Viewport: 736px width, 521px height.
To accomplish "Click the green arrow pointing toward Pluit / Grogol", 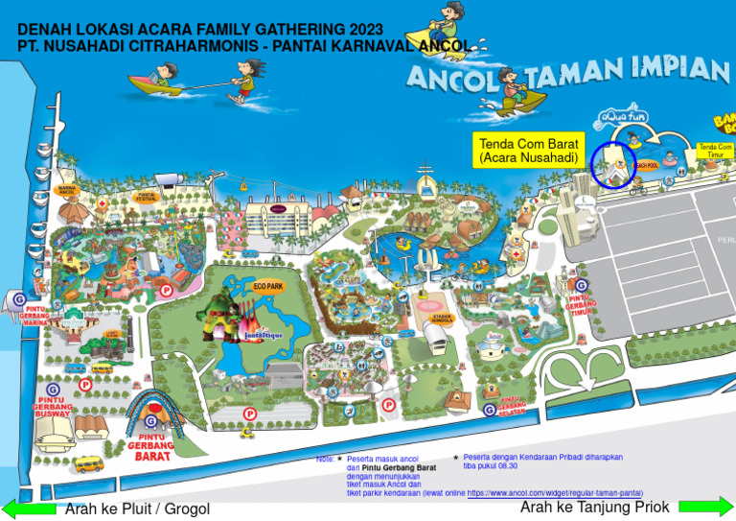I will pyautogui.click(x=29, y=509).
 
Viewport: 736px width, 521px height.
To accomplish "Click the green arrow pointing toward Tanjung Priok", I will pyautogui.click(x=705, y=507).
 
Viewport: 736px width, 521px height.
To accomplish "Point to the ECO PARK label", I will pyautogui.click(x=268, y=286).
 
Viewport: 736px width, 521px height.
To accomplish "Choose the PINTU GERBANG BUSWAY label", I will pyautogui.click(x=53, y=408).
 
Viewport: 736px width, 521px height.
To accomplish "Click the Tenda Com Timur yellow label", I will pyautogui.click(x=715, y=151).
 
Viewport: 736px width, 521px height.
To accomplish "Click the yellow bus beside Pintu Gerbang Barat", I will pyautogui.click(x=87, y=464).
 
